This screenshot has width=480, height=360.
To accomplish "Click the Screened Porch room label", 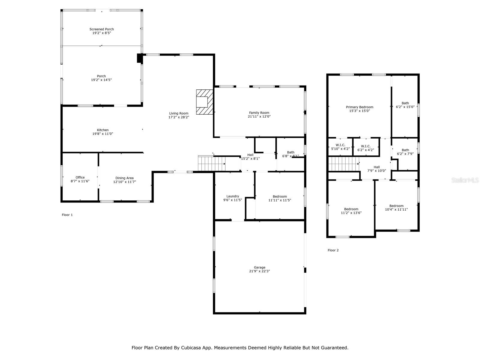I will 102,29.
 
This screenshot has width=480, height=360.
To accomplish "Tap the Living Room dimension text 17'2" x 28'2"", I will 179,117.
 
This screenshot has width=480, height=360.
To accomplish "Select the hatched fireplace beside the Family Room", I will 205,102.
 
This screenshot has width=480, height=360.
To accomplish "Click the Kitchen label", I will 103,130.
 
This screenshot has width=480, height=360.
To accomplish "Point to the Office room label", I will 80,178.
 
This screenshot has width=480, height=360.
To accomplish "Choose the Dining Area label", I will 124,178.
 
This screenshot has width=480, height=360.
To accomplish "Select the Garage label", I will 259,267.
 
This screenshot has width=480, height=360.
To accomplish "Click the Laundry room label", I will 233,196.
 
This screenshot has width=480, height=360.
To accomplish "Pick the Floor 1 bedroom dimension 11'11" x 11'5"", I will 280,200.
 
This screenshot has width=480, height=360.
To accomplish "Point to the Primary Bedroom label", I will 359,107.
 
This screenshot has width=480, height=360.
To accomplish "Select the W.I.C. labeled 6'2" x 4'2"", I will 366,148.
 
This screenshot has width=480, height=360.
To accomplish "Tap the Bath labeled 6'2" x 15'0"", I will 405,105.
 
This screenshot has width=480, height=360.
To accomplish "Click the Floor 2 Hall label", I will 377,167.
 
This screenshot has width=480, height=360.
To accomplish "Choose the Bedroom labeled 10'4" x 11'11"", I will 396,208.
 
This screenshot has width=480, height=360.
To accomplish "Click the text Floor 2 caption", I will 333,250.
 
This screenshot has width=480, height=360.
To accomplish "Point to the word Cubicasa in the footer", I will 191,348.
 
